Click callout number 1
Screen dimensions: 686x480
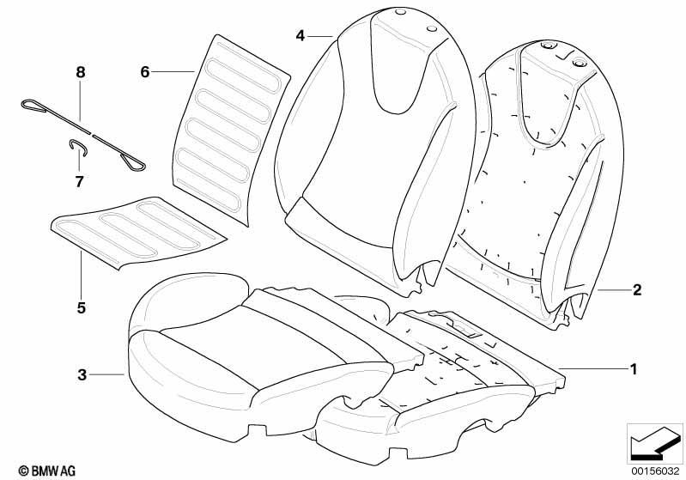tap(633, 369)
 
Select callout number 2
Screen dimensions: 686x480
tap(636, 289)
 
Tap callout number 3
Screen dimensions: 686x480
tap(82, 374)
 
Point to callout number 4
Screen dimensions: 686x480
tap(300, 35)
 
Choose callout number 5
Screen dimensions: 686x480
tap(82, 307)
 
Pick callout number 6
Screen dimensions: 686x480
tap(145, 71)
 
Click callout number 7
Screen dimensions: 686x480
tap(79, 181)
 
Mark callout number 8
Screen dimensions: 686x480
tap(81, 72)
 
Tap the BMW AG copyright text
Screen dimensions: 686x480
tap(47, 471)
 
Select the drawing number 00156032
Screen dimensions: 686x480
tap(655, 471)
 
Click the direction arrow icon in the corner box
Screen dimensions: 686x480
tap(655, 443)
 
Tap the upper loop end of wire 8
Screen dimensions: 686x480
tap(33, 106)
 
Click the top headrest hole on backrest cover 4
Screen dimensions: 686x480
tap(399, 13)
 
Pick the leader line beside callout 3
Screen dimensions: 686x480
tap(106, 374)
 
